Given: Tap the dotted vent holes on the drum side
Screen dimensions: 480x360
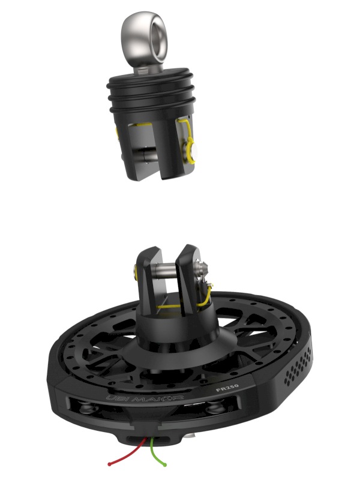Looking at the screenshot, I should click(x=298, y=367).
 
